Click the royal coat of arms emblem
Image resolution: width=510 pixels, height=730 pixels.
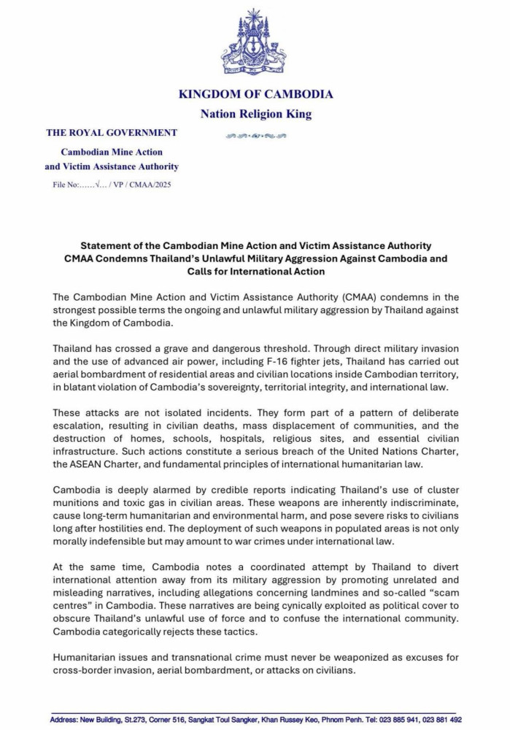pos(254,43)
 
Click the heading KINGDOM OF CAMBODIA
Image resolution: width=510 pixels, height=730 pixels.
pos(255,94)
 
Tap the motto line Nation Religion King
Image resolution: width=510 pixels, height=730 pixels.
pos(255,114)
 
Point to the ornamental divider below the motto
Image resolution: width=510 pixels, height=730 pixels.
pos(255,136)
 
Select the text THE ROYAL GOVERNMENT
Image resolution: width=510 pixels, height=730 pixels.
pos(112,133)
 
